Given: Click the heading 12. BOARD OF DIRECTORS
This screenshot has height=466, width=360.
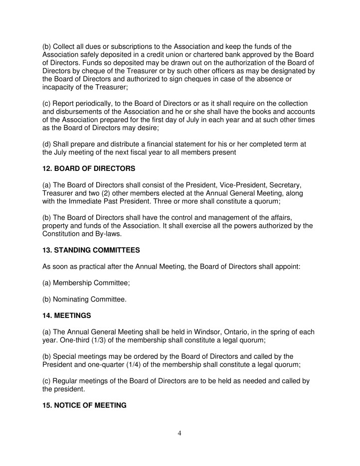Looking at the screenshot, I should (x=88, y=169).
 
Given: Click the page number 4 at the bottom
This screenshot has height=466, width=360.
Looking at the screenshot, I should (x=180, y=433).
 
